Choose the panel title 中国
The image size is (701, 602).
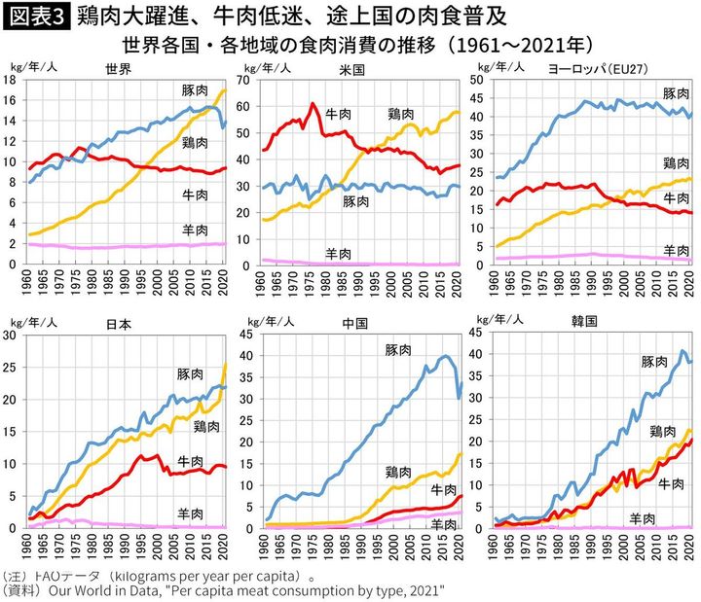tap(351, 322)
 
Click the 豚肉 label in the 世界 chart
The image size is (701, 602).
tap(195, 89)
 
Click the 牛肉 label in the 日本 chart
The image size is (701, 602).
tap(191, 460)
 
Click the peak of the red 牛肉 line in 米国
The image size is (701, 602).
tap(313, 103)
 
